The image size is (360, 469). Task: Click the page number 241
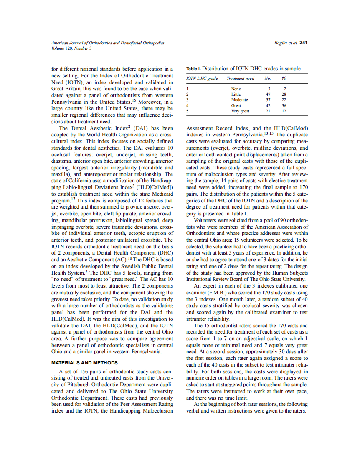point(304,43)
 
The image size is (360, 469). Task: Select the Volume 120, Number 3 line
point(71,48)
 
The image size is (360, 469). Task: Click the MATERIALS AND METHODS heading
point(84,363)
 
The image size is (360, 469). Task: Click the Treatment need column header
point(240,79)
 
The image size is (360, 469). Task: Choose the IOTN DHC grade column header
point(202,79)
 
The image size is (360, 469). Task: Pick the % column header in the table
point(284,79)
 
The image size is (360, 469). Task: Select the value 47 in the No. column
point(268,94)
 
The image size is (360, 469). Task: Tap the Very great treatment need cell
point(241,111)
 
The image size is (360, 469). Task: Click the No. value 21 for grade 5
point(268,111)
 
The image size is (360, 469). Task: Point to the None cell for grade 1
point(236,89)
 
